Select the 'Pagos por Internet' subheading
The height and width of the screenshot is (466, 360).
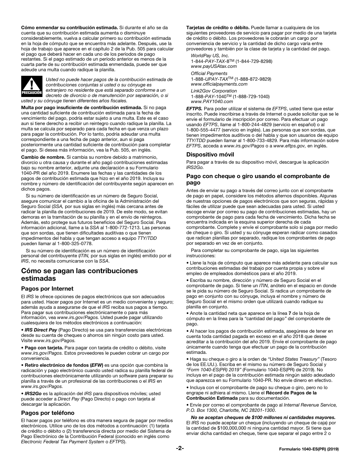point(47,289)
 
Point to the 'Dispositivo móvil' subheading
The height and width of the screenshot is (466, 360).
point(210,155)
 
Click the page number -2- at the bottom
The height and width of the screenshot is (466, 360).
point(180,448)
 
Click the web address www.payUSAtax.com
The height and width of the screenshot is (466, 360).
point(214,66)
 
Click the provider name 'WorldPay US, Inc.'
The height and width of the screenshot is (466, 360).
point(210,56)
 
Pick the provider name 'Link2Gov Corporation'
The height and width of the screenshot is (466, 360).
point(214,91)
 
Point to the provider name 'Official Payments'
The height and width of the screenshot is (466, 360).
point(209,73)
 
